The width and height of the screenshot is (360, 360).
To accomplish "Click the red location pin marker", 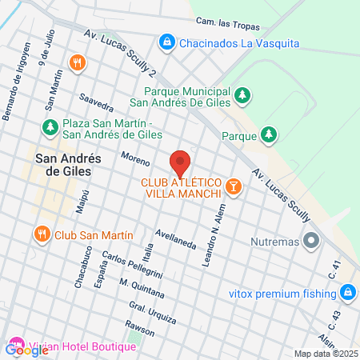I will [180, 162].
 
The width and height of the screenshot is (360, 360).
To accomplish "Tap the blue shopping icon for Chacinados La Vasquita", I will [167, 41].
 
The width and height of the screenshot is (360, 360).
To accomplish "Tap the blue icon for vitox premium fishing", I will [347, 293].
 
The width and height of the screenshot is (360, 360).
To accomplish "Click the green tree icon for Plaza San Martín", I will [50, 127].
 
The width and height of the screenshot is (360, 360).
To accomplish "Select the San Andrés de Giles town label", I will [64, 165].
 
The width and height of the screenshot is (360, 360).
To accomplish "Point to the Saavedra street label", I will [95, 103].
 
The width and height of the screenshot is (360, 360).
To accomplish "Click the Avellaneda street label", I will [177, 238].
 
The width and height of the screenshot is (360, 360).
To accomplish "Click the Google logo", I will [26, 349].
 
